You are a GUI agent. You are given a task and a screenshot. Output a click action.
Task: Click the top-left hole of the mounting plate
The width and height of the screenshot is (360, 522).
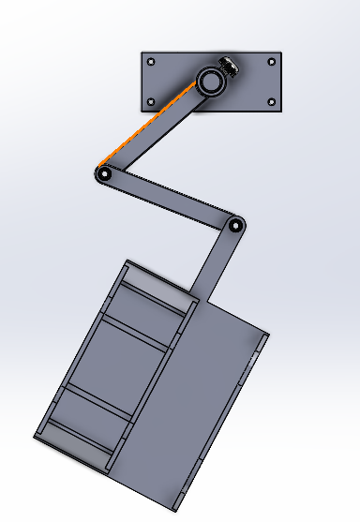coord(153,64)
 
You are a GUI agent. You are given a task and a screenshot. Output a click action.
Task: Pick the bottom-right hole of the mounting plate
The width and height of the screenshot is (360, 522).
coord(272,101)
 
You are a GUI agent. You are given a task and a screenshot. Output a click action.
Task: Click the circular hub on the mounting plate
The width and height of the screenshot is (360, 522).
coord(210,82)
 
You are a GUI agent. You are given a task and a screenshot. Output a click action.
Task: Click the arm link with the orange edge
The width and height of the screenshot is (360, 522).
coord(159,130)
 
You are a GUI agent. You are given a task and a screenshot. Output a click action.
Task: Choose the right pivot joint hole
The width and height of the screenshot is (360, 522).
coord(234,225)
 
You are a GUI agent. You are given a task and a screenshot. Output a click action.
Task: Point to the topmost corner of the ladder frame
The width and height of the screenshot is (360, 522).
coord(125,261)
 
